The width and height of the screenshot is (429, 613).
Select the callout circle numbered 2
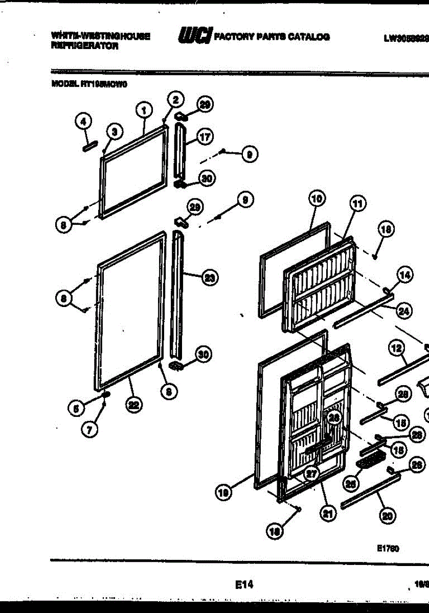(175, 99)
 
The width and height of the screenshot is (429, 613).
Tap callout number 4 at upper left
(83, 121)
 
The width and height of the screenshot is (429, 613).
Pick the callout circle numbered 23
(209, 278)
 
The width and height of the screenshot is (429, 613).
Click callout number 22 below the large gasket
(134, 406)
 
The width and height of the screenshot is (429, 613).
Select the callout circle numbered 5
(76, 408)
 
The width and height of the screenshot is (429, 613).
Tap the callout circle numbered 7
(89, 430)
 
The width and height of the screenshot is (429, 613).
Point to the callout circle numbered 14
(404, 276)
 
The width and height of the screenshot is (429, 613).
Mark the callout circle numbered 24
(403, 310)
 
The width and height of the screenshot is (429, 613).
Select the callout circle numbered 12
(396, 349)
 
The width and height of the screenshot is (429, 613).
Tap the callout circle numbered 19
(223, 493)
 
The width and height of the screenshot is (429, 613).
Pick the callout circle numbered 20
(387, 517)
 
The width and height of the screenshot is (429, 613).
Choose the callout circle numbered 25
(350, 482)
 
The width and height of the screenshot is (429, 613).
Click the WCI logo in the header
(194, 36)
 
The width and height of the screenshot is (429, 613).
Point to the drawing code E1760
(388, 548)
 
